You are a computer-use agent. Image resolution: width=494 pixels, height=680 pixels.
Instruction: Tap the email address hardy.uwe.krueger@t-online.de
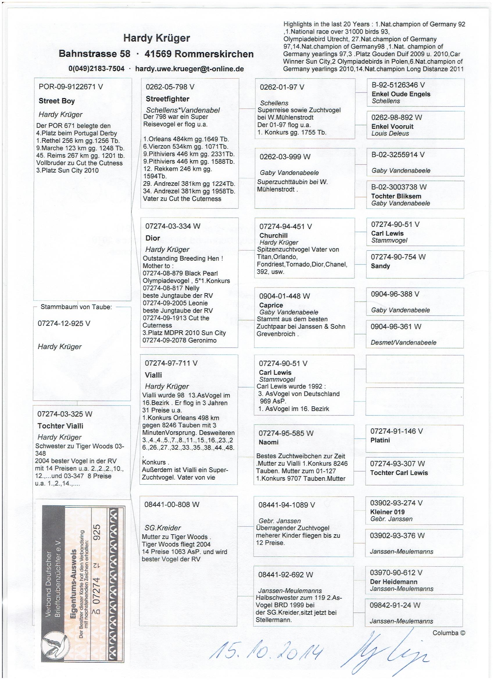[x=189, y=69]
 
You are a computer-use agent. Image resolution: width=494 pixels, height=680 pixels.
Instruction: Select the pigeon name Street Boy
[x=57, y=101]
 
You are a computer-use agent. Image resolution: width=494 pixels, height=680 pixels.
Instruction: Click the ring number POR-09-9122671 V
[x=71, y=87]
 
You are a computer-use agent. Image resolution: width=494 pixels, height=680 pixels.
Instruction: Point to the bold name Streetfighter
[x=167, y=99]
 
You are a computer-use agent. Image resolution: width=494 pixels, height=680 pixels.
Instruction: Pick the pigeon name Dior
[x=153, y=238]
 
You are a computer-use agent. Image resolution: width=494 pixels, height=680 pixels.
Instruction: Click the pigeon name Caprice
[x=271, y=305]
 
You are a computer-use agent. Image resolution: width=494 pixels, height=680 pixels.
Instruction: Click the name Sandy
[x=380, y=266]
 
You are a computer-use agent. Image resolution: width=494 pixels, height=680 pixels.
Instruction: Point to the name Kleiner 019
[x=387, y=512]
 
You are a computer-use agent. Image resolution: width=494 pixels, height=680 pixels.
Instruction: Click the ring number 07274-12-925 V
[x=64, y=323]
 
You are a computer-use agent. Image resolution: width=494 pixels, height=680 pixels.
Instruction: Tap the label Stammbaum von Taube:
[x=76, y=307]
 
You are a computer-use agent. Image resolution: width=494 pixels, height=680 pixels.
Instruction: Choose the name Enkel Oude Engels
[x=400, y=94]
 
